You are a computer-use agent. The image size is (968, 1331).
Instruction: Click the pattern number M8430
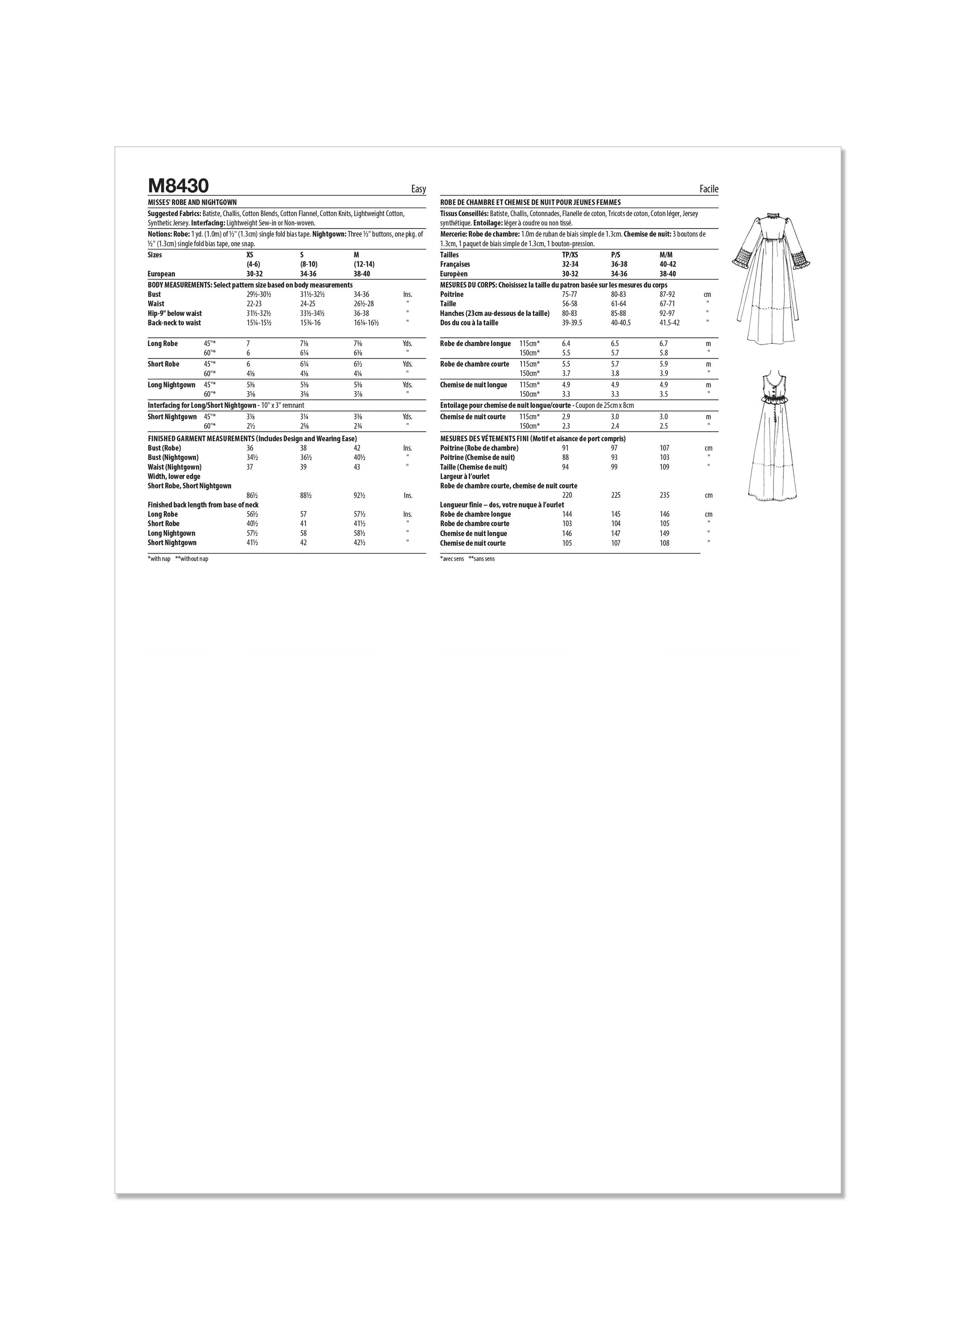point(178,186)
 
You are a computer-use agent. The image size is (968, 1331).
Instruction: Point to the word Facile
point(709,189)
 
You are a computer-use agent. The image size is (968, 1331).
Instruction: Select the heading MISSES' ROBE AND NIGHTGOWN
point(192,202)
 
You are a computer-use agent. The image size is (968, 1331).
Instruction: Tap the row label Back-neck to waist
point(174,323)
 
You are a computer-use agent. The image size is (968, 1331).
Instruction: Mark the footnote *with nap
point(159,559)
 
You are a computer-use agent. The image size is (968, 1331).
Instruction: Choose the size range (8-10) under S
point(309,265)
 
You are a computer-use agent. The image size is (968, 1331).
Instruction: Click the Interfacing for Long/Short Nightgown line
point(226,405)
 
